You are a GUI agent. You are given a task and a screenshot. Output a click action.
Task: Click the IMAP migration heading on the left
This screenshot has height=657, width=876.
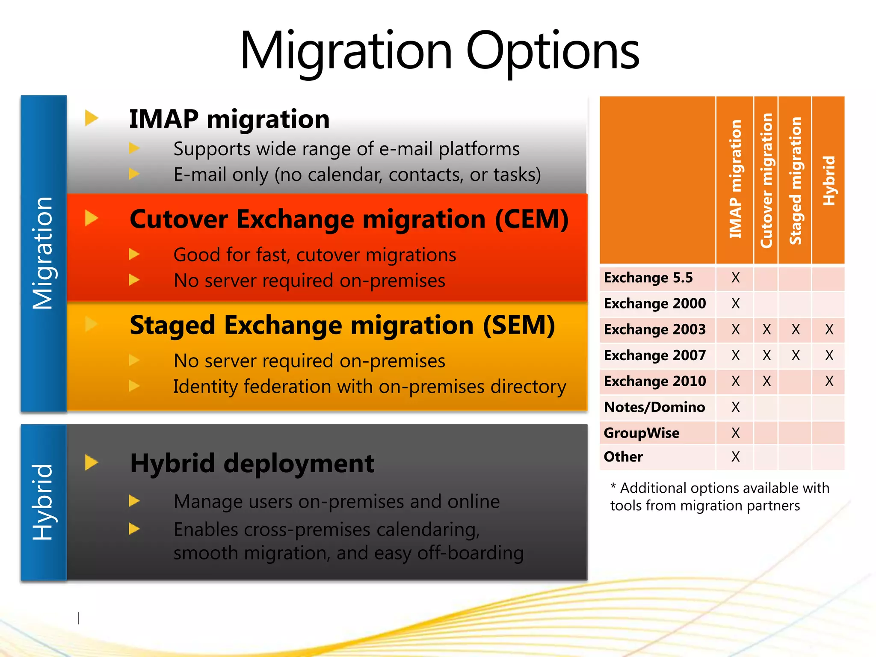[229, 119]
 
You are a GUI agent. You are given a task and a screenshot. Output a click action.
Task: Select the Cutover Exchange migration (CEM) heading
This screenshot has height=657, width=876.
[349, 219]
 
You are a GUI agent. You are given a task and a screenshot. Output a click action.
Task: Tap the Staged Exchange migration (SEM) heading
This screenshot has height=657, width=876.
[342, 326]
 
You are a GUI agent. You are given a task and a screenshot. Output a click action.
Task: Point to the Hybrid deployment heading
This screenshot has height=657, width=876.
[252, 464]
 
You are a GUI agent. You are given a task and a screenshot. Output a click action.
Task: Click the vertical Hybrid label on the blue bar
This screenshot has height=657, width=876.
[43, 502]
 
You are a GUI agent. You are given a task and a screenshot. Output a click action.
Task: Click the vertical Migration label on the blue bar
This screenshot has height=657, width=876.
[43, 253]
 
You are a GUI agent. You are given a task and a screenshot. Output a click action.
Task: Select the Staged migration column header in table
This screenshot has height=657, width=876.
[795, 181]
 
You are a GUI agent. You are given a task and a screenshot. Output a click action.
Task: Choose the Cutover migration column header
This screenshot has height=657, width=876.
[766, 181]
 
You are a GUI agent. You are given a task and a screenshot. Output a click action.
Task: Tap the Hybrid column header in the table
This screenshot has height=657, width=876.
[829, 181]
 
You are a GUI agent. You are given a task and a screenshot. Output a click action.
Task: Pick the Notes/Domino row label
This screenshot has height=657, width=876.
[654, 407]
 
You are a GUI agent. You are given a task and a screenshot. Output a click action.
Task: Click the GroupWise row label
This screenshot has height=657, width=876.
[641, 433]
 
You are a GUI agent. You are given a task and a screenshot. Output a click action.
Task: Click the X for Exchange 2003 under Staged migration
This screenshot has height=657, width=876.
[795, 329]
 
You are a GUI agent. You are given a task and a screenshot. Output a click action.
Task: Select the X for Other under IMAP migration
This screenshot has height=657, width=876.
[735, 457]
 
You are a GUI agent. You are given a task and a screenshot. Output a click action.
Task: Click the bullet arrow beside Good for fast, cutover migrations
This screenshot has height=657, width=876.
[134, 255]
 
